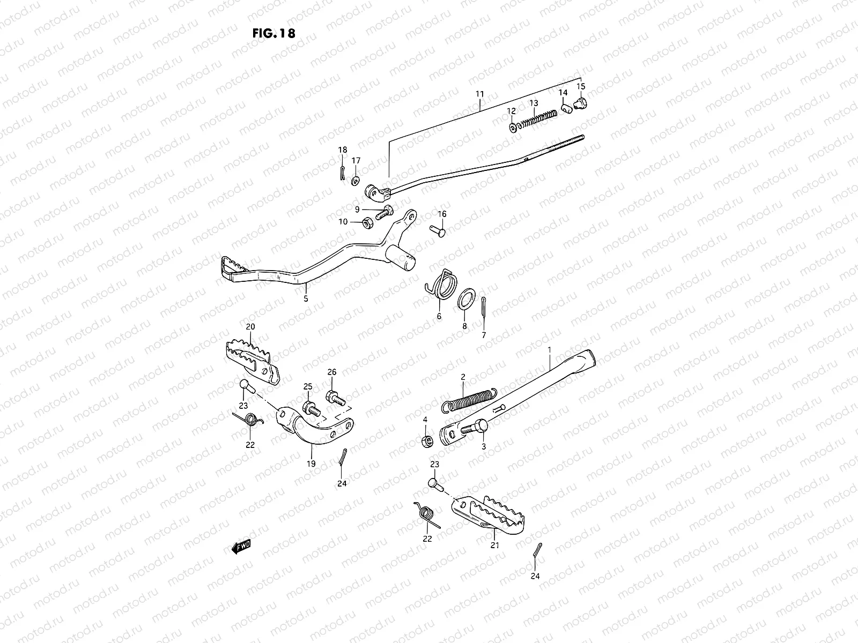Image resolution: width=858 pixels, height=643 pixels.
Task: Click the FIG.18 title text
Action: [273, 33]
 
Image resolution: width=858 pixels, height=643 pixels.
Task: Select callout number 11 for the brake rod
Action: [479, 94]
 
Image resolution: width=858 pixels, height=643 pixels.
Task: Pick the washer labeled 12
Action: [514, 127]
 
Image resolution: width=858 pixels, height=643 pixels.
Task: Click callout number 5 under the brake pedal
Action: [306, 299]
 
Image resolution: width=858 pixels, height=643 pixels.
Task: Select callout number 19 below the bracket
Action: [311, 463]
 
